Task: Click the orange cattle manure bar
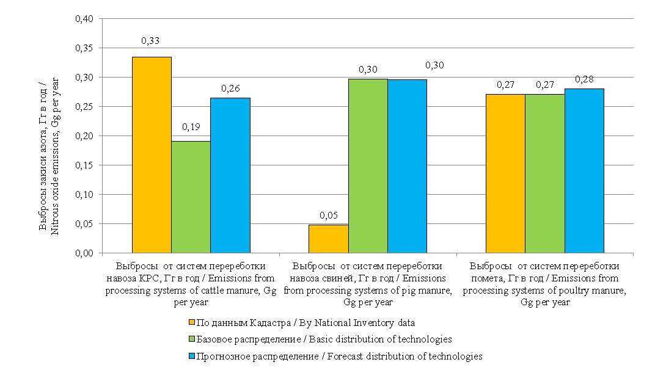pos(152,155)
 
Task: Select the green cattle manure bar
pos(191,197)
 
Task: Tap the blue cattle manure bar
pos(230,175)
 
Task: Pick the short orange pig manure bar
pos(328,239)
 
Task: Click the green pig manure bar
pos(368,165)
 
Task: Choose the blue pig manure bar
pos(407,166)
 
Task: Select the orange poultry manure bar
pos(505,173)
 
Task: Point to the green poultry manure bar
pos(544,173)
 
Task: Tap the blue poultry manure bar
pos(584,171)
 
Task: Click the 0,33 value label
pos(150,41)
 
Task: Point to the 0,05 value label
pos(327,215)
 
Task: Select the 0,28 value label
pos(584,79)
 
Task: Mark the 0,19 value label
pos(190,128)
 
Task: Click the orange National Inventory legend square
pos(191,322)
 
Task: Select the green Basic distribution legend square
pos(191,339)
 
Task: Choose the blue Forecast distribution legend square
pos(191,355)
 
